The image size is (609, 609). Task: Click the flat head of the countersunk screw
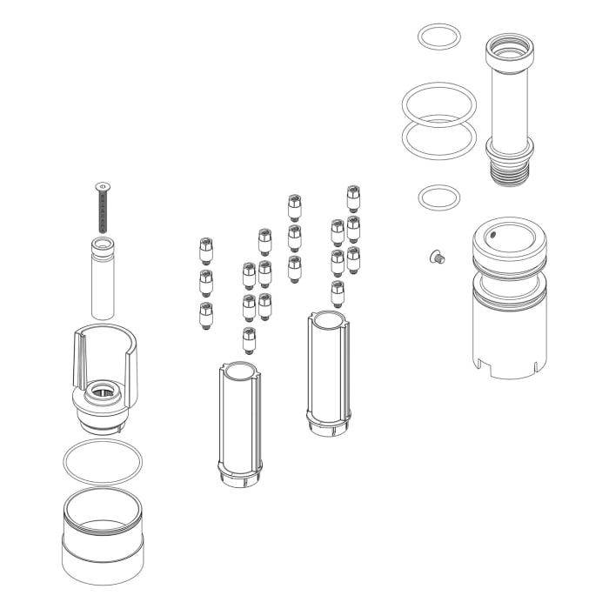pos(104,185)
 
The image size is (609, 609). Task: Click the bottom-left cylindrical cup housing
pos(103,544)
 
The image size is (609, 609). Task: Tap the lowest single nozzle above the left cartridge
pos(249,338)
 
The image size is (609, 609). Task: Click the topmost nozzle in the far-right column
pos(353,198)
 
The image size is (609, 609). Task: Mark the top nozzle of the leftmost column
pos(206,251)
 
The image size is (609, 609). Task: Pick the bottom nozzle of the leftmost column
pos(206,314)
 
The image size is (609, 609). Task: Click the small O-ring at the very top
pos(438,37)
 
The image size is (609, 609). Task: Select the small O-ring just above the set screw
pos(438,197)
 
